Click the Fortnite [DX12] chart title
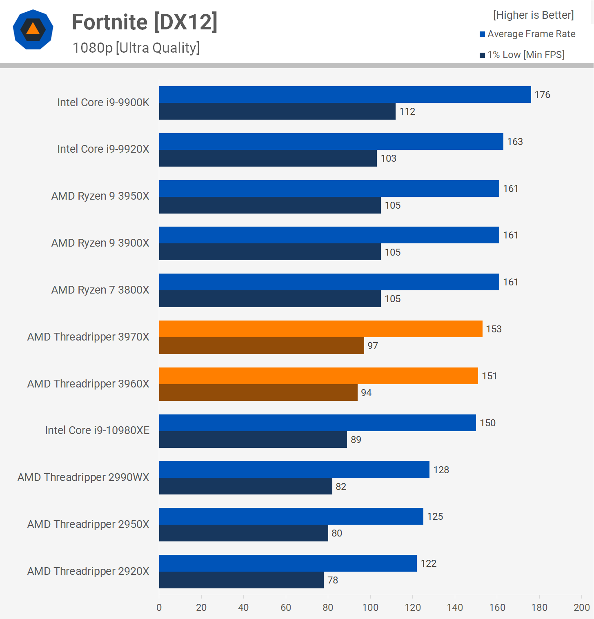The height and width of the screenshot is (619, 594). pyautogui.click(x=145, y=22)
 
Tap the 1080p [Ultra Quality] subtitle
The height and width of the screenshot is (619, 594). pyautogui.click(x=136, y=48)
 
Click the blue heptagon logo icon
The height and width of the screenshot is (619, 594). pyautogui.click(x=33, y=29)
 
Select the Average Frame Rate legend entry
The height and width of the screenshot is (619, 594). pyautogui.click(x=527, y=34)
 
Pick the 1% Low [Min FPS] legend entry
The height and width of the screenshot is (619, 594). pyautogui.click(x=522, y=55)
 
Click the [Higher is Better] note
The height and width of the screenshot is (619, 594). pyautogui.click(x=533, y=15)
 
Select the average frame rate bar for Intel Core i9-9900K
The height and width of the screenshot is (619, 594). pyautogui.click(x=345, y=94)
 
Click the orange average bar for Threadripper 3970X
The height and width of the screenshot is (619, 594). pyautogui.click(x=320, y=329)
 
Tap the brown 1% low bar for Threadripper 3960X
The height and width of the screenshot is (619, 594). pyautogui.click(x=258, y=392)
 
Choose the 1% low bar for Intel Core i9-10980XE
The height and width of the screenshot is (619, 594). pyautogui.click(x=253, y=439)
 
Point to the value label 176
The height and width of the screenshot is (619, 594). pyautogui.click(x=542, y=95)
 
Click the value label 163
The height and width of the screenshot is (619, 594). pyautogui.click(x=515, y=142)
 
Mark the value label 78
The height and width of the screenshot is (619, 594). pyautogui.click(x=333, y=580)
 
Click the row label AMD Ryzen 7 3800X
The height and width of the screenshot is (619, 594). pyautogui.click(x=100, y=290)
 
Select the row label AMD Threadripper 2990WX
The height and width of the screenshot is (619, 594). pyautogui.click(x=83, y=477)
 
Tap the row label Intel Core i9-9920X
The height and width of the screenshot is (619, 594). pyautogui.click(x=103, y=149)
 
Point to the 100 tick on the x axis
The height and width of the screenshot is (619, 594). pyautogui.click(x=370, y=608)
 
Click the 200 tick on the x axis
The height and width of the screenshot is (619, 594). pyautogui.click(x=581, y=608)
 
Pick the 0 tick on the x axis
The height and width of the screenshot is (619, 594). pyautogui.click(x=159, y=608)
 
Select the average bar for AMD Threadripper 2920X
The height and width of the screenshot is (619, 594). pyautogui.click(x=288, y=563)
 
